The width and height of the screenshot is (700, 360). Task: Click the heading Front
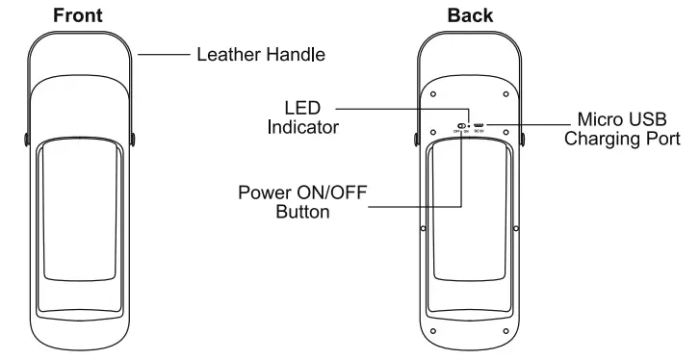(x=79, y=15)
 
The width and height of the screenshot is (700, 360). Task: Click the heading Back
(x=470, y=15)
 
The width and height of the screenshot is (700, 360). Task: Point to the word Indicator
(x=302, y=125)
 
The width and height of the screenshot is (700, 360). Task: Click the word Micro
(x=600, y=119)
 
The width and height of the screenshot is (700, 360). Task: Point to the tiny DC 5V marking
(x=478, y=131)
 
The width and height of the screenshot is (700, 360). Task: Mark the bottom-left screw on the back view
(x=433, y=331)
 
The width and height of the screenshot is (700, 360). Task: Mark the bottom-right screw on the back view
(x=507, y=331)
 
